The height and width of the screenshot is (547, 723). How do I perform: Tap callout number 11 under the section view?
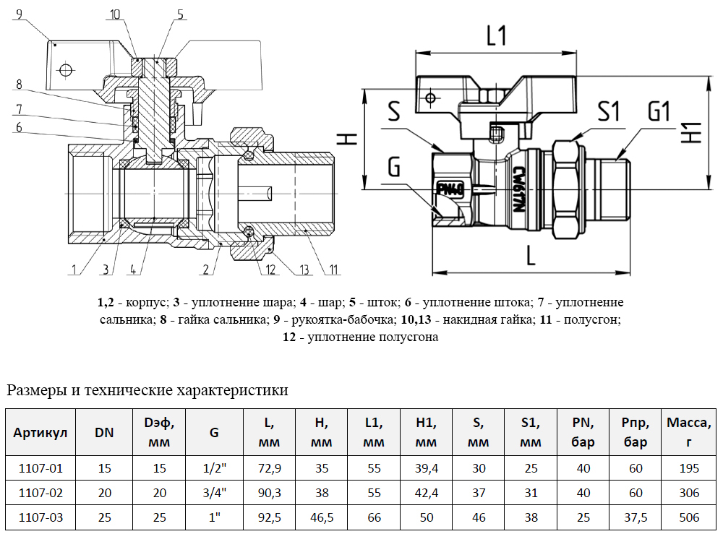[x=333, y=270]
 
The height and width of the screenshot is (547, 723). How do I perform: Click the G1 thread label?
[x=658, y=112]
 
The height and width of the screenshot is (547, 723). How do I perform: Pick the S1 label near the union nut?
[x=609, y=112]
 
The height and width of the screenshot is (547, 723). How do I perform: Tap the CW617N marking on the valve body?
[x=518, y=188]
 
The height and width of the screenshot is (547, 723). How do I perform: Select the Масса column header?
[x=689, y=432]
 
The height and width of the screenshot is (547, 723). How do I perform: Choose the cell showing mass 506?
[x=689, y=517]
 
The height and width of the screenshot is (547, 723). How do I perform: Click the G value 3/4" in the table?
[x=214, y=493]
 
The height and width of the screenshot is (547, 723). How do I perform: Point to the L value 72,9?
[x=269, y=468]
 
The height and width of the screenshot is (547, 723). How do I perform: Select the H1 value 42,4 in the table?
[x=427, y=493]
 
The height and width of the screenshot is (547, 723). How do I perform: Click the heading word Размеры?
[x=35, y=391]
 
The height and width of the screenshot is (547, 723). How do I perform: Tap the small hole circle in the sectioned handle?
[x=67, y=70]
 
